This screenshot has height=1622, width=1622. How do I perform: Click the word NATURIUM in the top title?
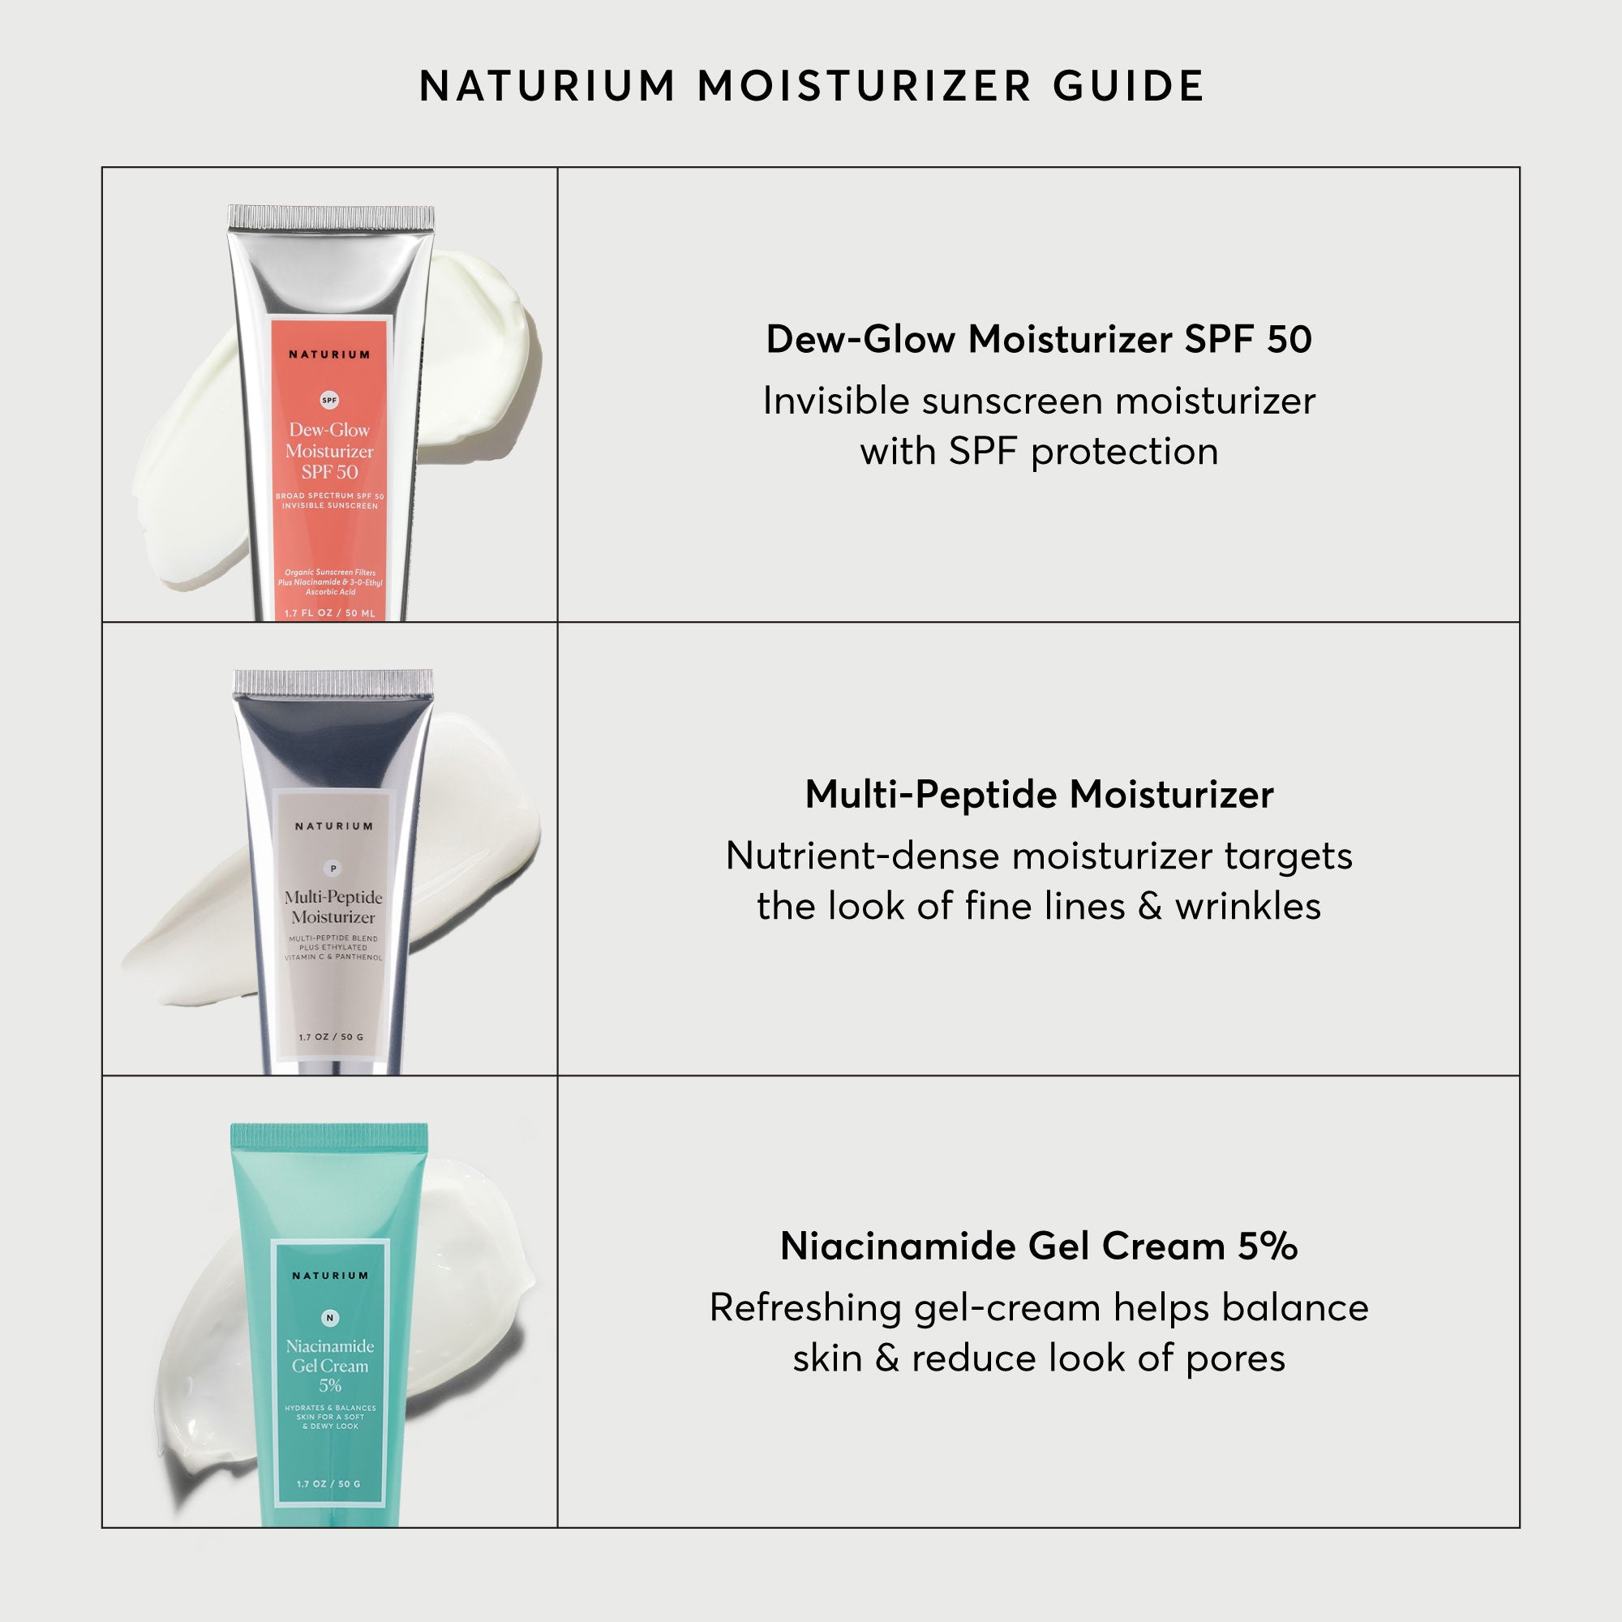pyautogui.click(x=547, y=86)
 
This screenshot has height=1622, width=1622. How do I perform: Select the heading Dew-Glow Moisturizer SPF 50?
pyautogui.click(x=1039, y=339)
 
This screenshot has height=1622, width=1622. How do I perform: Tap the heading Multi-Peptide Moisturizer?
pyautogui.click(x=1039, y=794)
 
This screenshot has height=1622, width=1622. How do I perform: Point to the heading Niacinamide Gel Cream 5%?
pyautogui.click(x=1039, y=1246)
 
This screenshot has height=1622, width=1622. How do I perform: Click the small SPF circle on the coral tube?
pyautogui.click(x=330, y=401)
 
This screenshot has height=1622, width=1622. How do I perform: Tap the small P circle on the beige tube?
pyautogui.click(x=333, y=868)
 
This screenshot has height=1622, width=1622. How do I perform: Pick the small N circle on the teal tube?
pyautogui.click(x=330, y=1318)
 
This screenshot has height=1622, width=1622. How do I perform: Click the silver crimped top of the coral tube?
pyautogui.click(x=332, y=217)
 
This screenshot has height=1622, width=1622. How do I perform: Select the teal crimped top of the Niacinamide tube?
pyautogui.click(x=329, y=1138)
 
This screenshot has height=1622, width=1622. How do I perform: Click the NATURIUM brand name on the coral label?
pyautogui.click(x=329, y=354)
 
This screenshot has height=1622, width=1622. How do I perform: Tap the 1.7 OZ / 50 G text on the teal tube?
pyautogui.click(x=328, y=1483)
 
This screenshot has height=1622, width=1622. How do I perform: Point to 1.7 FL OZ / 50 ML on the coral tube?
pyautogui.click(x=329, y=613)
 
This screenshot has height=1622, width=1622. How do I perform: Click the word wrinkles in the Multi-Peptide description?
pyautogui.click(x=1247, y=906)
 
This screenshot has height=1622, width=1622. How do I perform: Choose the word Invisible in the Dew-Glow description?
pyautogui.click(x=836, y=401)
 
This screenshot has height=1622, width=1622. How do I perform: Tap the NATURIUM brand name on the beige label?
pyautogui.click(x=333, y=826)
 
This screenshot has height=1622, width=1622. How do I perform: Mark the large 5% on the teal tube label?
pyautogui.click(x=330, y=1386)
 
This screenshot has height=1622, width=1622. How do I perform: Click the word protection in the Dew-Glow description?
pyautogui.click(x=1124, y=452)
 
